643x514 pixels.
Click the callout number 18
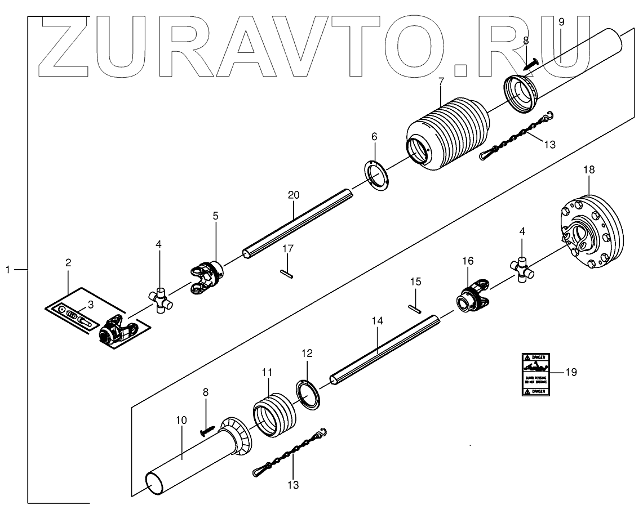588,169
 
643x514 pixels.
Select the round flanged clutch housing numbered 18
592,231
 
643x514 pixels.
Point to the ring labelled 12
308,393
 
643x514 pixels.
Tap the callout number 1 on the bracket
8,270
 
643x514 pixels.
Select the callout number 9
561,22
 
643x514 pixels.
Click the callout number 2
68,262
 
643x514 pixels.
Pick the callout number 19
571,372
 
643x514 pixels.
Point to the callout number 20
293,194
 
